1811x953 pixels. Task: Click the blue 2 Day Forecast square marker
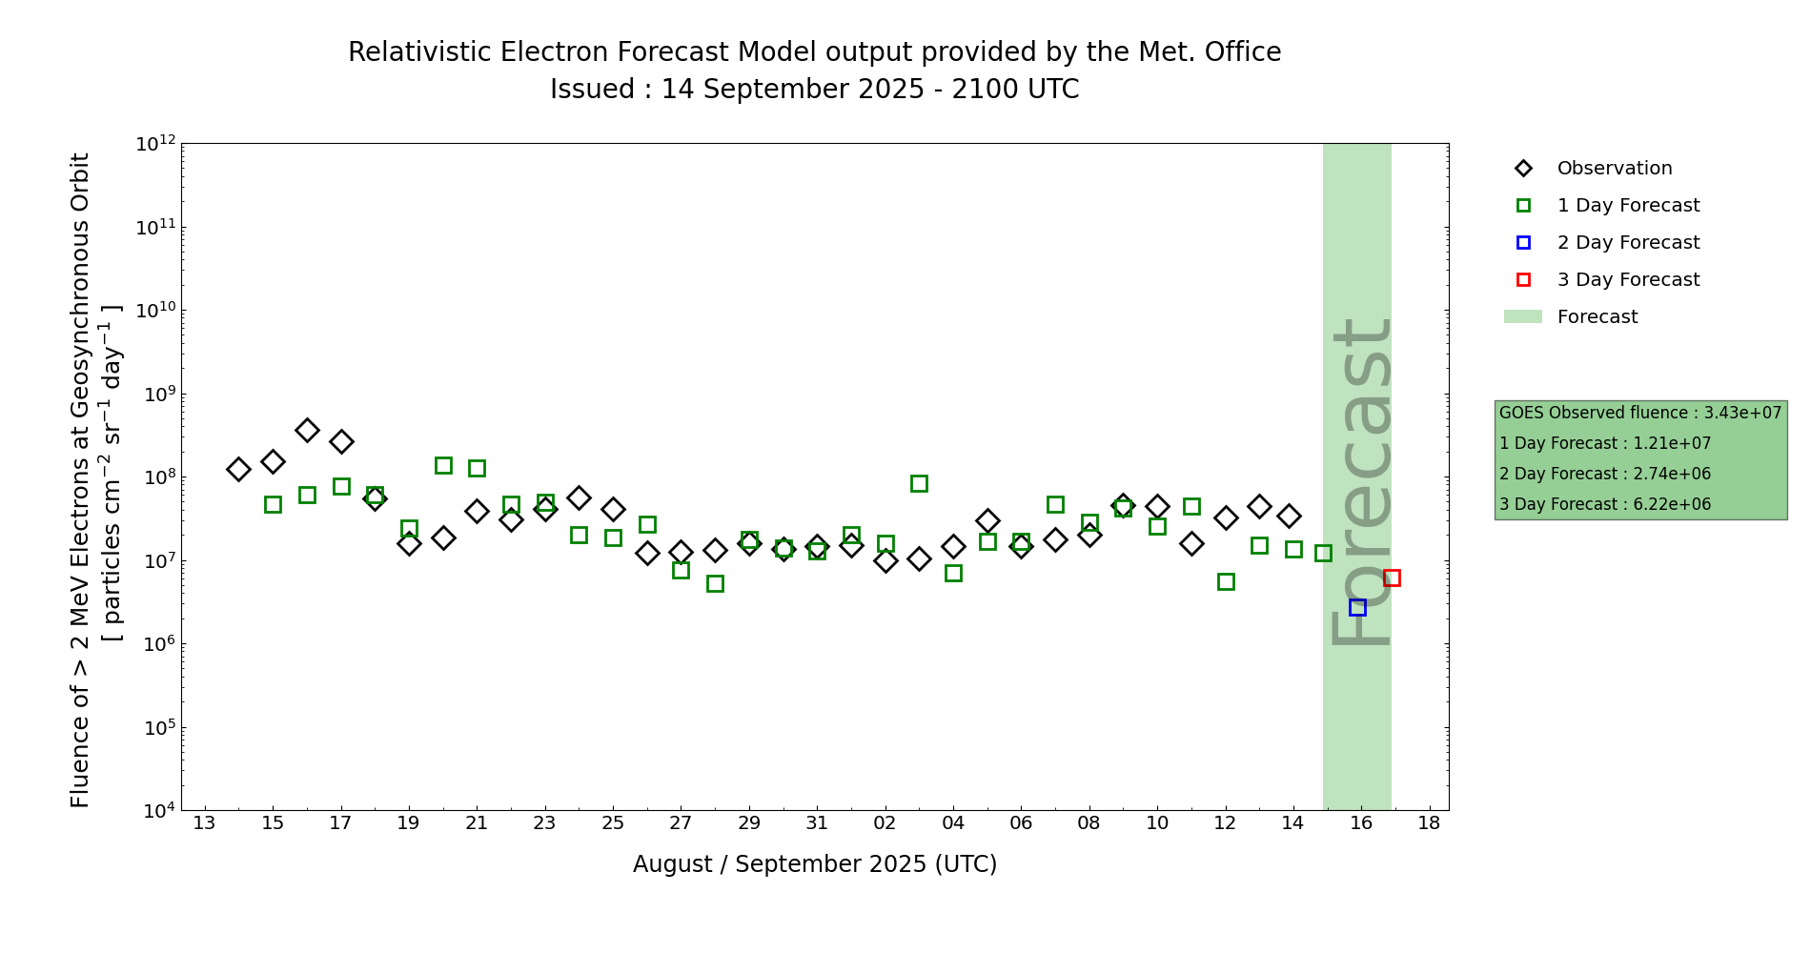pos(1357,607)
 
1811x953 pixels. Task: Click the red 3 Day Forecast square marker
pos(1392,578)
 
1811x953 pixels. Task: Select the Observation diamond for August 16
pos(307,430)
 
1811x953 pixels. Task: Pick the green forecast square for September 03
pos(919,483)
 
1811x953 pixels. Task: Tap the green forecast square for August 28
pos(715,583)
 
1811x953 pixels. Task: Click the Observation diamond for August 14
pos(238,469)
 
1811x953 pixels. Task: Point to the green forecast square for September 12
pos(1226,581)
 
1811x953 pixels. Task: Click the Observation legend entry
pos(1614,169)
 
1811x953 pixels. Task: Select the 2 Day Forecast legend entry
pos(1627,243)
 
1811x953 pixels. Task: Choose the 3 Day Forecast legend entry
pos(1627,280)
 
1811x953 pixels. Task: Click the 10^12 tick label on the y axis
pos(155,144)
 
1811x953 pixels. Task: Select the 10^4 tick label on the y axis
pos(155,811)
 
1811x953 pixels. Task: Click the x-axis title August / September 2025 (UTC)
pos(815,864)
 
